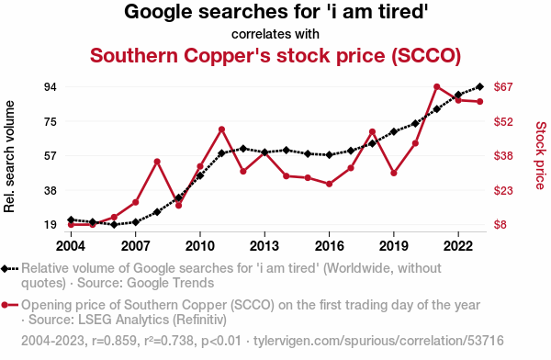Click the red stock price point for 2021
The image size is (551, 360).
coord(437,87)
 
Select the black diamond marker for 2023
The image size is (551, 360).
coord(480,86)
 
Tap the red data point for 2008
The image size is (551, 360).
coord(157,162)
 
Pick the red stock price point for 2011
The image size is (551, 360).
coord(221,129)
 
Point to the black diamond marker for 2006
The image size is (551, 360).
coord(114,224)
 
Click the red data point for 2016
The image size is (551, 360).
coord(330,184)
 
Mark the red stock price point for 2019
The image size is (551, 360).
coord(394,173)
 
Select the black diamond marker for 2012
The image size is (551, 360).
coord(243,149)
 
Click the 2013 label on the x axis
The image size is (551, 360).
coord(264,246)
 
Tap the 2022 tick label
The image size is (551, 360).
coord(458,246)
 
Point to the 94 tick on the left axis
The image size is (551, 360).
coord(51,87)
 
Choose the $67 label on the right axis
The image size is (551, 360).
coord(503,86)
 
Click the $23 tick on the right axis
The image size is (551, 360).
coord(503,190)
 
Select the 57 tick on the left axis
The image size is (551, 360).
coord(51,156)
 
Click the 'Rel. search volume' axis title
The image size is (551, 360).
coord(9,156)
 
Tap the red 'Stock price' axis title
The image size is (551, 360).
coord(541,155)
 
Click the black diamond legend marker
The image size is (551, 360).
coord(5,269)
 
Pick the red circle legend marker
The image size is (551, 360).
coord(5,305)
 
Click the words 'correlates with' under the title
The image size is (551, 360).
coord(275,35)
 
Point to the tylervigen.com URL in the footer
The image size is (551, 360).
coord(378,341)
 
